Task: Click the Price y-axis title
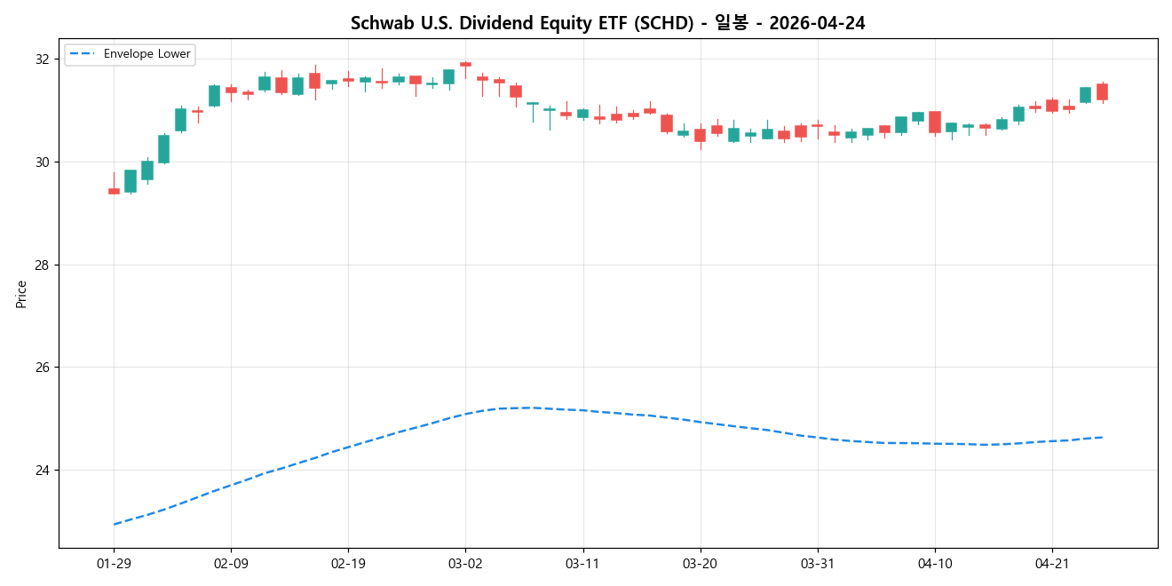point(21,294)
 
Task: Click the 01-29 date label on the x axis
point(114,564)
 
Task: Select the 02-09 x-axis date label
point(231,564)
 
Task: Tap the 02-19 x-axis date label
point(348,564)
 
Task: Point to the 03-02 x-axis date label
point(465,564)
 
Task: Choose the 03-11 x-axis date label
point(582,564)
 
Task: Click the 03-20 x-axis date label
point(700,564)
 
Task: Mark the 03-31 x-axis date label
point(817,564)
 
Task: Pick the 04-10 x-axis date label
point(934,564)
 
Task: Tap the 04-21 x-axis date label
point(1051,564)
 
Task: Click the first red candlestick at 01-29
point(114,191)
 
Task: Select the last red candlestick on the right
point(1102,91)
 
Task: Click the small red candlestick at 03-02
point(465,65)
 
